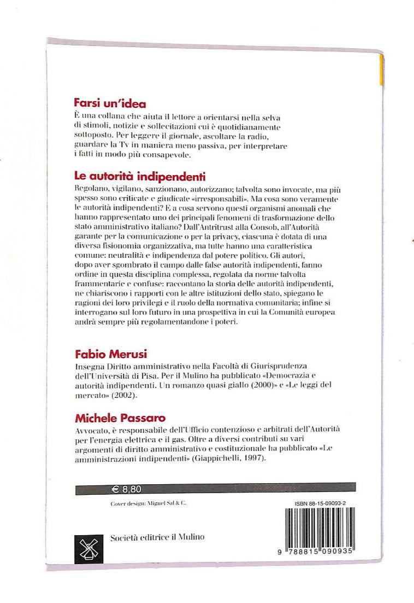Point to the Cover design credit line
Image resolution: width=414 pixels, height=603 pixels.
144,502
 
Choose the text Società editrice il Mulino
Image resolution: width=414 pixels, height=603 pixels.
157,537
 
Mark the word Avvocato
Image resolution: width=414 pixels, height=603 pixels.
91,431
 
